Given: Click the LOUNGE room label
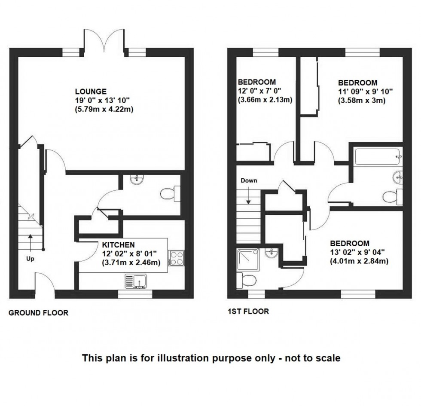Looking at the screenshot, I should [91, 92].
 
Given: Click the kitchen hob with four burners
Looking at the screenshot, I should [176, 258].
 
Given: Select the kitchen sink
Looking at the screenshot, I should [136, 281].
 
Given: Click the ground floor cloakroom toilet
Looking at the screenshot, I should [169, 194].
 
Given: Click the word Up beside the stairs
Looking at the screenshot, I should [30, 259].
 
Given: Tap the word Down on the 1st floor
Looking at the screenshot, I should [249, 180].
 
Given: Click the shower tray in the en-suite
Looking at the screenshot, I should [248, 259].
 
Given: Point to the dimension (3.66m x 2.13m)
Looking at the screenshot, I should [265, 100].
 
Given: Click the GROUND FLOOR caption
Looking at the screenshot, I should [38, 313].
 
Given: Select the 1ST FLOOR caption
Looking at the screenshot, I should [248, 311].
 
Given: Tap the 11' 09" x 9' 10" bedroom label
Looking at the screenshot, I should [365, 92].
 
